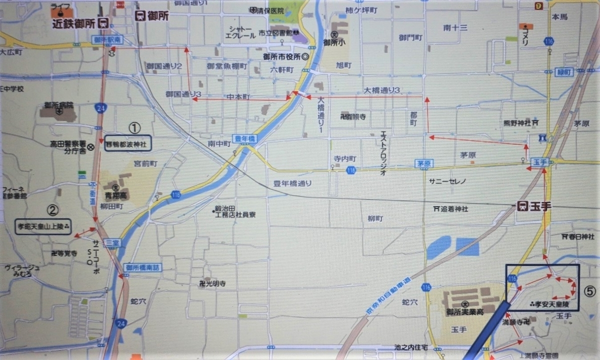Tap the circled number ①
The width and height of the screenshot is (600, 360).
[134, 128]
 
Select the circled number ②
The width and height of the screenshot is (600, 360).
[52, 209]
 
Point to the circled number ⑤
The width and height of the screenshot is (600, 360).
[590, 291]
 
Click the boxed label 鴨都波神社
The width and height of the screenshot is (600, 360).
[127, 144]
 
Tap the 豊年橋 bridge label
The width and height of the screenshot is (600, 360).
[244, 139]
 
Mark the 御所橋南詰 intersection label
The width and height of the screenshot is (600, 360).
[143, 267]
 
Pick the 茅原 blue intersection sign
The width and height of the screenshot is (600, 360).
[422, 163]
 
